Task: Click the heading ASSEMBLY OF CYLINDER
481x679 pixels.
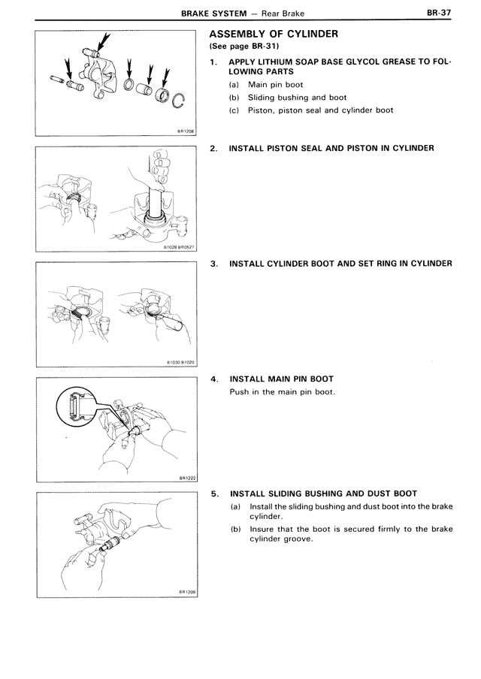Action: click(273, 34)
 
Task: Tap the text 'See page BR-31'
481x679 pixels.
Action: click(244, 47)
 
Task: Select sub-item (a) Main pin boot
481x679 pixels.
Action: click(267, 85)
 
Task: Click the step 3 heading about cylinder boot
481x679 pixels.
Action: click(340, 264)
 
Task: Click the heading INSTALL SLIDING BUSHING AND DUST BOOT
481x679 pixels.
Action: click(323, 493)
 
